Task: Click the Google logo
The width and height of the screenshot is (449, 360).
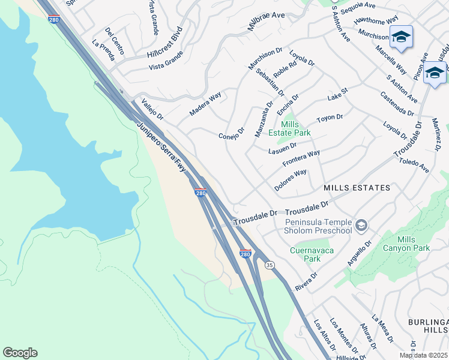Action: [x=20, y=353]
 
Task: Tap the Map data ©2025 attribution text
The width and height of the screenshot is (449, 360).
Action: [x=424, y=355]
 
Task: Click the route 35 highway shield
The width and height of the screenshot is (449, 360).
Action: [x=270, y=264]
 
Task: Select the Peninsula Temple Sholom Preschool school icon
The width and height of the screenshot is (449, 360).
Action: [x=361, y=226]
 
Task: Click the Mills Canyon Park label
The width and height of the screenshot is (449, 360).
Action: [x=414, y=244]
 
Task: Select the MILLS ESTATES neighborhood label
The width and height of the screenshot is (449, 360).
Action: [x=357, y=188]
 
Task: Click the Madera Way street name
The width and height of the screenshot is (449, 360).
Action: [x=205, y=104]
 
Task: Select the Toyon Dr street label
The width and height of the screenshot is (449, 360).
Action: [x=330, y=118]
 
